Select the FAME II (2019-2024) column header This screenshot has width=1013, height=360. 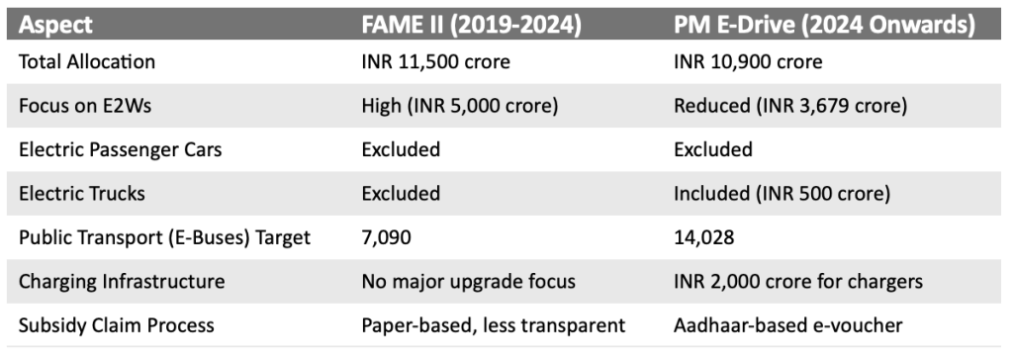pos(471,22)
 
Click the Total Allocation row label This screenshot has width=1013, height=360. pos(87,62)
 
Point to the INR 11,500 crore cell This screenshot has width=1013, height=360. pos(436,62)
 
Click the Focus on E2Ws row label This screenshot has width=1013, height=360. pos(83,106)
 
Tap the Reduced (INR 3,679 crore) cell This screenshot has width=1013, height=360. pos(789,106)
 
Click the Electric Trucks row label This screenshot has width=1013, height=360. pos(82,193)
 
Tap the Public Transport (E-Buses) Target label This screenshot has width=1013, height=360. pos(165,237)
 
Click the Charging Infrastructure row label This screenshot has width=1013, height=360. pos(122,281)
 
